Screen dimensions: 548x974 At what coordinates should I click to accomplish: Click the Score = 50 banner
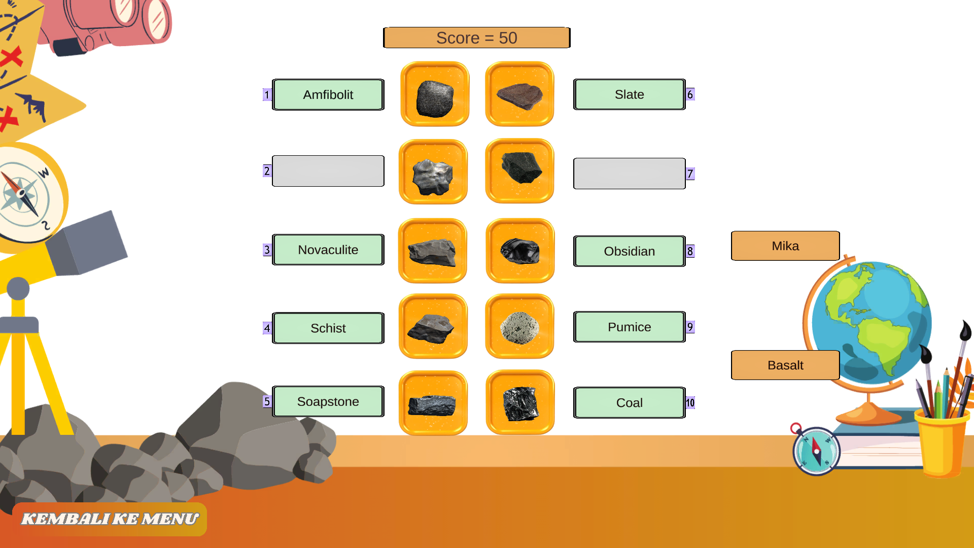476,38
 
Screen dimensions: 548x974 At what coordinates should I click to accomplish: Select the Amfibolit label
328,95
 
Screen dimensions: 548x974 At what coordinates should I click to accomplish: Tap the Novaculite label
328,250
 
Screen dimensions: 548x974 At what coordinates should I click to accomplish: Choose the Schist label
328,328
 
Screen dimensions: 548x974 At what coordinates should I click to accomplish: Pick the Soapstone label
328,401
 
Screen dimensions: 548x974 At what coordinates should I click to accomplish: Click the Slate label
629,94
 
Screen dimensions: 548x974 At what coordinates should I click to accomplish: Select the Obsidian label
629,251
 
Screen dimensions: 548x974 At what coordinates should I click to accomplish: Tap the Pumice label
629,327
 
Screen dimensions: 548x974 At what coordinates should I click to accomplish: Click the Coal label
629,403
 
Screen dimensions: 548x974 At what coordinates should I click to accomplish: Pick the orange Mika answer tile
785,246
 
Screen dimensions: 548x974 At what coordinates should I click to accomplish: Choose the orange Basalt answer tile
785,365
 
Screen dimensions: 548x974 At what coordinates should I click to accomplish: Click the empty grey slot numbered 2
328,171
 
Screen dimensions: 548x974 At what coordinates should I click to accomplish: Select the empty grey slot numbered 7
629,174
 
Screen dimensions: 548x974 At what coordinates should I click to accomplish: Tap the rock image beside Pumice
519,327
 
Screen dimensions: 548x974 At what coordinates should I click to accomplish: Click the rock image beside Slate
519,94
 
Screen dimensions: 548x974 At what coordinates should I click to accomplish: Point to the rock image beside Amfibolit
435,95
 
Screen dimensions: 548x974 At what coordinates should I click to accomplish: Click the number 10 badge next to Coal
690,403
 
